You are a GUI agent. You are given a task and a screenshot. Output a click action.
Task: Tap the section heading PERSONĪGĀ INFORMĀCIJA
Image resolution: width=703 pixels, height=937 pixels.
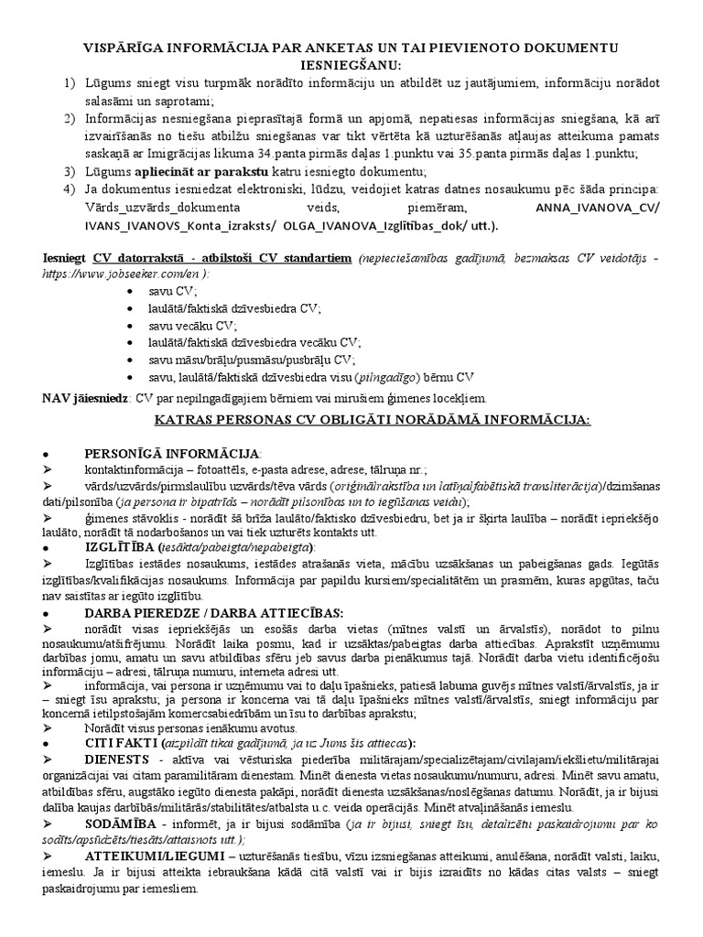[x=172, y=454]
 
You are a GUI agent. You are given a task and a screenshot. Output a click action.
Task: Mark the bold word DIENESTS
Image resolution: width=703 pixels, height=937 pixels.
[x=118, y=759]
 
